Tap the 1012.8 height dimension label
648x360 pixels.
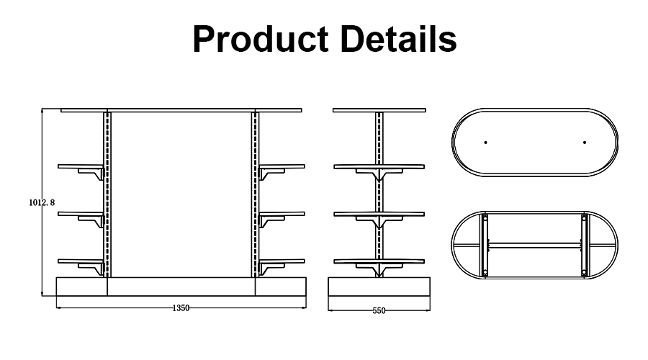click(x=42, y=203)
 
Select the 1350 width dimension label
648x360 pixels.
click(x=181, y=308)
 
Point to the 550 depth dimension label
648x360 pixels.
click(x=379, y=311)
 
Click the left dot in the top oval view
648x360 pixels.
click(x=485, y=142)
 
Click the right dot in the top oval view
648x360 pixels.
click(x=585, y=142)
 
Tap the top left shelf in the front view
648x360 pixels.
click(x=81, y=166)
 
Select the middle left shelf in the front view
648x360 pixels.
click(x=81, y=213)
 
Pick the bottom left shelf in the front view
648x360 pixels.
click(x=81, y=260)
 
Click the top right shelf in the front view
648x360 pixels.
click(x=282, y=166)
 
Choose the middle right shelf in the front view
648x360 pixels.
click(x=282, y=213)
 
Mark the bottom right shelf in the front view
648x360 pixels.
click(x=282, y=260)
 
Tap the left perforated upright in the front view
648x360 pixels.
click(x=108, y=194)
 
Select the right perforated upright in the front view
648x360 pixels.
click(x=255, y=194)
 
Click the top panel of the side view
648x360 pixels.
click(x=379, y=110)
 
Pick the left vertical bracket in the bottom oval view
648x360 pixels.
click(x=486, y=245)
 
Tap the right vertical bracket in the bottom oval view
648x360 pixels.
click(x=583, y=245)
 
